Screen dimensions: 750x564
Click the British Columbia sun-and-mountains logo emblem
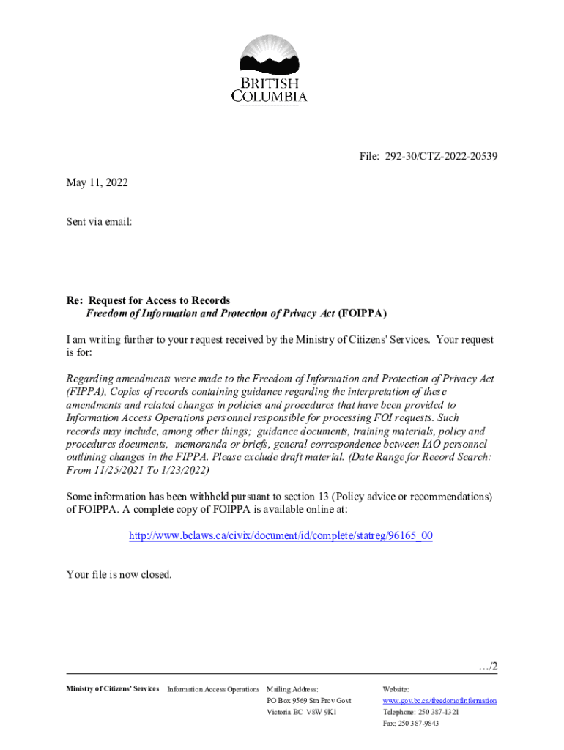(x=270, y=56)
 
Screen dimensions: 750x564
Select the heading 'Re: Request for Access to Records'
(x=148, y=300)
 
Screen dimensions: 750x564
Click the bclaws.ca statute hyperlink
(x=281, y=535)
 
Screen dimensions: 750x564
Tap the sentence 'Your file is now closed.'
(x=119, y=574)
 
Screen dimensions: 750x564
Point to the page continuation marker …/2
(x=487, y=667)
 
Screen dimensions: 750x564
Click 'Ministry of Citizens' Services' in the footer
(x=112, y=689)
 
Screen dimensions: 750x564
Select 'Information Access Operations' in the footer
(x=213, y=689)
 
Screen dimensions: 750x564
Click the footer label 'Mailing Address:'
(x=293, y=689)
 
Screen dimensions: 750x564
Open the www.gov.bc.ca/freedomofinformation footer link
(x=439, y=701)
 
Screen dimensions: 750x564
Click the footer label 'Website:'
(x=396, y=689)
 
